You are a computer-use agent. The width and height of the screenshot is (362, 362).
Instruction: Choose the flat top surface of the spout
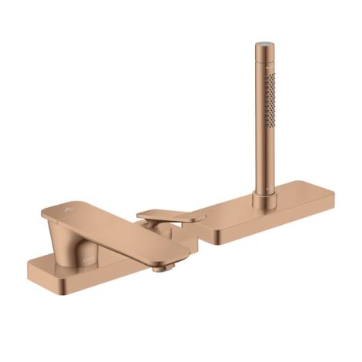116,227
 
